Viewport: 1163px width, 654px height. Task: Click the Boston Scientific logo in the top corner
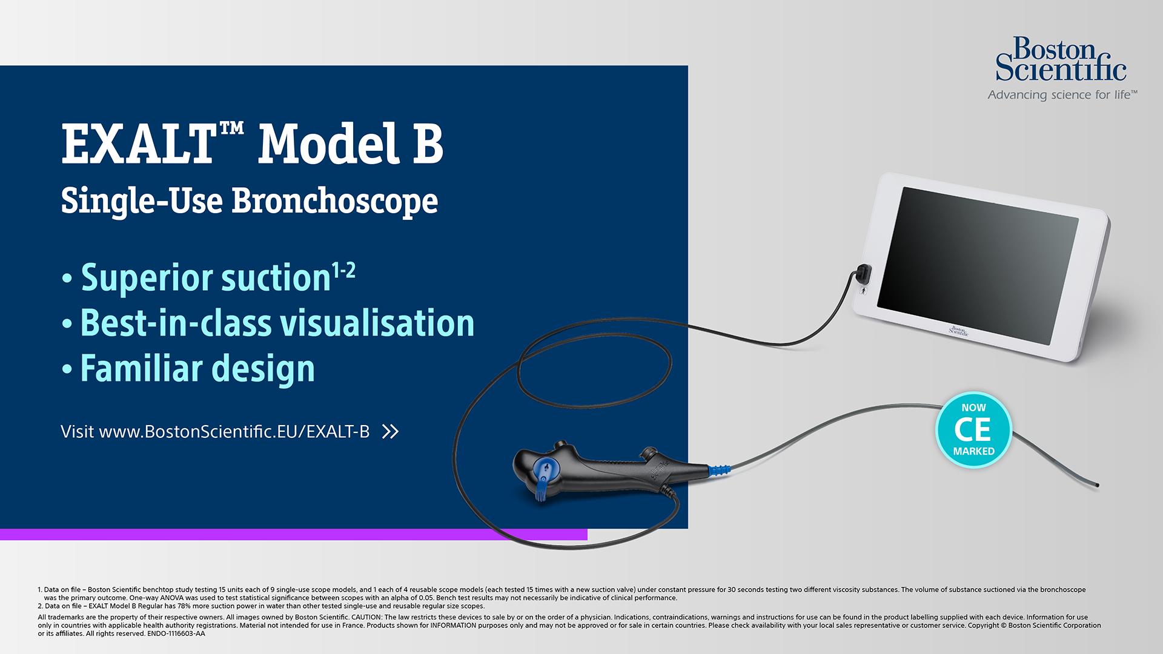(1061, 59)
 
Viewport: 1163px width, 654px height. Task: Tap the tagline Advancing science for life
(1062, 95)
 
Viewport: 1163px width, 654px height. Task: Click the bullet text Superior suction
(205, 277)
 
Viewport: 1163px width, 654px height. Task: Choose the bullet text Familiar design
(197, 368)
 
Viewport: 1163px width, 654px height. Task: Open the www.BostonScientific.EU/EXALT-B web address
(234, 432)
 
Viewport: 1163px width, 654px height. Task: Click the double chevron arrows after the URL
(391, 432)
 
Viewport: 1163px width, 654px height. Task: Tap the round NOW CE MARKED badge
(973, 430)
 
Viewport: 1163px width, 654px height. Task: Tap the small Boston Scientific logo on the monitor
(958, 330)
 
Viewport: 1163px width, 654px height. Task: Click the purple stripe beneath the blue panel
(294, 534)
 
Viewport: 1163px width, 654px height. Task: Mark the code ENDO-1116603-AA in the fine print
(176, 633)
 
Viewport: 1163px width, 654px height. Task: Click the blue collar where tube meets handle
(719, 468)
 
